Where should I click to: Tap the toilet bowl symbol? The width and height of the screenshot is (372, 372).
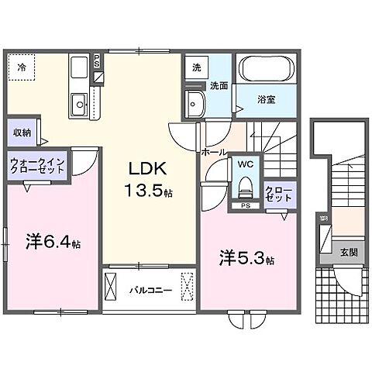(x=245, y=187)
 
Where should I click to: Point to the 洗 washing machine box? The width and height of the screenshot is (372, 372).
(x=198, y=67)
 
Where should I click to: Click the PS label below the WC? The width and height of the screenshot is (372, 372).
(x=244, y=206)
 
